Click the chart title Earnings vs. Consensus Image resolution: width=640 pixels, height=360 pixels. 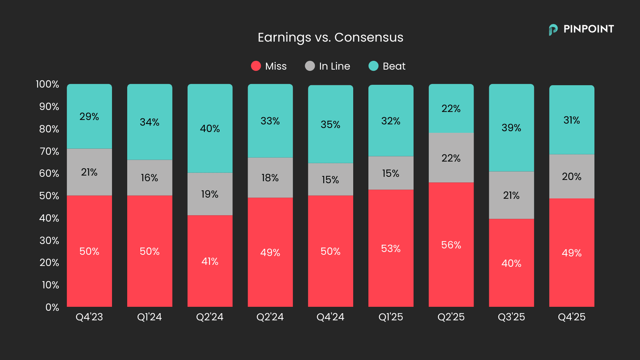coord(330,37)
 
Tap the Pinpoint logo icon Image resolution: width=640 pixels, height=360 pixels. coord(553,30)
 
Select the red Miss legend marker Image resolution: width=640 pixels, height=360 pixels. coord(256,66)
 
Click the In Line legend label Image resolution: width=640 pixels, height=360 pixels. coord(334,66)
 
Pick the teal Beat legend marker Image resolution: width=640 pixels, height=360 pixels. coord(373,66)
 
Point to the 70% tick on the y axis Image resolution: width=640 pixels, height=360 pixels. coord(49,151)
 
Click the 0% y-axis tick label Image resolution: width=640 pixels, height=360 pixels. coord(52,307)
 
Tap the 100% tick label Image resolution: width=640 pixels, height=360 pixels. coord(47,84)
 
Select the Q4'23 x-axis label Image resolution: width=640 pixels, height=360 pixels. coord(89,317)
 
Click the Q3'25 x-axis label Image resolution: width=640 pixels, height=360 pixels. coord(511,317)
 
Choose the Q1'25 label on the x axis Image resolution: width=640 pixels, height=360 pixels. coord(391,317)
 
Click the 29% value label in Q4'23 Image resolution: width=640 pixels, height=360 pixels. coord(89,116)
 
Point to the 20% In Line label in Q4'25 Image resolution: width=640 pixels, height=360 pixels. coord(572,176)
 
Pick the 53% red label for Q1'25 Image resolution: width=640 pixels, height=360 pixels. coord(391,248)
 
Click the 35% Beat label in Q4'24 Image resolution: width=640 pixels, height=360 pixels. coord(330,124)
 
